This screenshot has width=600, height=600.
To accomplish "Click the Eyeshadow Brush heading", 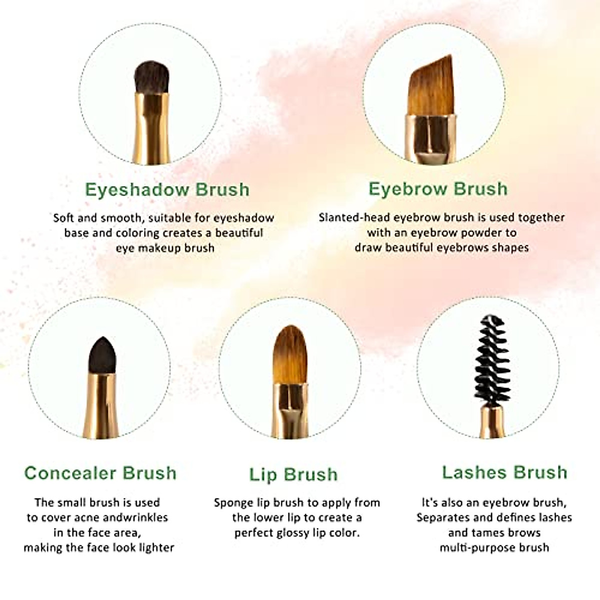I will click(167, 189).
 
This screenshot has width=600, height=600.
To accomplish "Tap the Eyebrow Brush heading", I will click(438, 189).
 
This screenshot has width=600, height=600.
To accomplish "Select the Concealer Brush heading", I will click(100, 473).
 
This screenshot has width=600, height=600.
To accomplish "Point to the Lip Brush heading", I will click(293, 474).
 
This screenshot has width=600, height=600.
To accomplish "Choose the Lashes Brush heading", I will click(504, 472).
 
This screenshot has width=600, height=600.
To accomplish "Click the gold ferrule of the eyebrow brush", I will click(430, 137).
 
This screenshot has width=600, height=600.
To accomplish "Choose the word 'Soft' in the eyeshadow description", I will click(64, 218).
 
